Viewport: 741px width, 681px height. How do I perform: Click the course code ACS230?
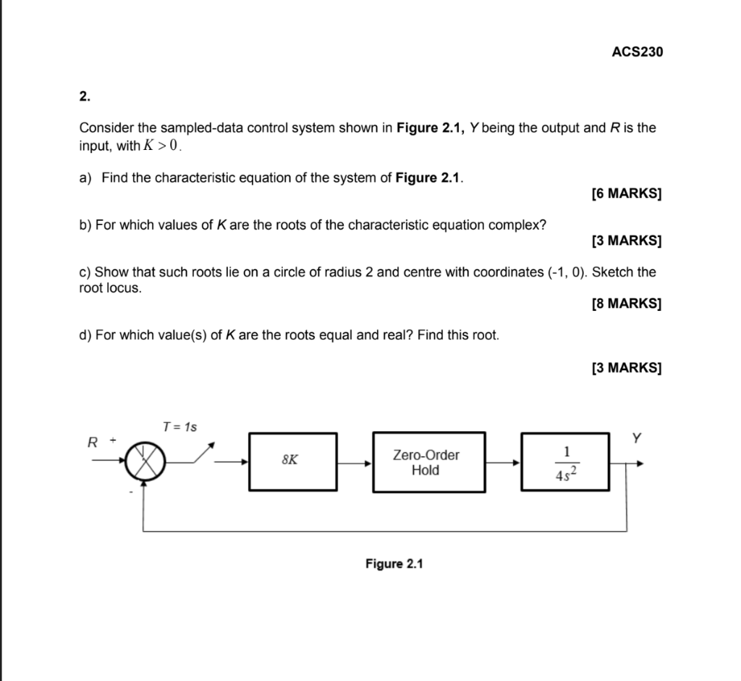pos(637,52)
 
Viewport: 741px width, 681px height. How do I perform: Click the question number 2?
pos(85,96)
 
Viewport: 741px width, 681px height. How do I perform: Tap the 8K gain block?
pos(292,461)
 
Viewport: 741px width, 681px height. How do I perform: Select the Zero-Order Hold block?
pos(428,462)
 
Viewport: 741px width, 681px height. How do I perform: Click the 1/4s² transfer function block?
pos(567,462)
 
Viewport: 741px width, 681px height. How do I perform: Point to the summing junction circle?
pos(145,461)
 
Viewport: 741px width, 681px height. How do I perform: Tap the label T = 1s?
pos(179,427)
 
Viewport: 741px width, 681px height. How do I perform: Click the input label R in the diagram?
pos(93,441)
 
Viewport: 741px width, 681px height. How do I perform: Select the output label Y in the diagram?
pos(636,438)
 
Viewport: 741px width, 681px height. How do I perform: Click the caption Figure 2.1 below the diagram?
pos(394,564)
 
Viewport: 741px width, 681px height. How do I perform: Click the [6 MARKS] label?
pos(626,194)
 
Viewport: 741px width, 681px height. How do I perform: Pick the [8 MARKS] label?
pos(626,304)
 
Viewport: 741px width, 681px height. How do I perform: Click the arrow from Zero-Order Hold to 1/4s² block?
pos(503,461)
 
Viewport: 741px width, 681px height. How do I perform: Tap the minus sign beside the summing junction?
pos(132,492)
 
